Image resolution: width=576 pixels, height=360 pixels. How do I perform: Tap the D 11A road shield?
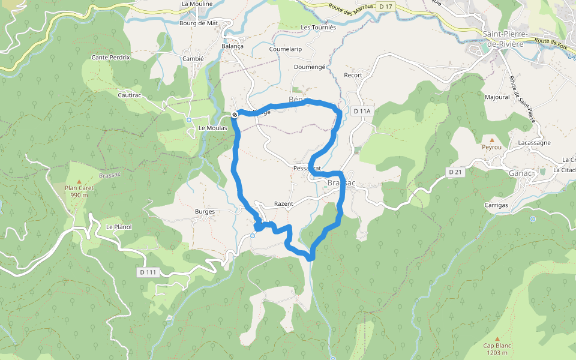pos(362,111)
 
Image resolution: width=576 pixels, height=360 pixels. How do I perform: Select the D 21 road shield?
pos(455,172)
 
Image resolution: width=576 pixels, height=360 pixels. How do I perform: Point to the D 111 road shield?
pos(148,272)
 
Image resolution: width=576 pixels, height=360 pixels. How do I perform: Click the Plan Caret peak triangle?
pos(79,181)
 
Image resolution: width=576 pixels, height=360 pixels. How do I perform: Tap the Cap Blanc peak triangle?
pos(496,338)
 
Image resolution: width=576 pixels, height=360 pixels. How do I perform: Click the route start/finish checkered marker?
pos(235,115)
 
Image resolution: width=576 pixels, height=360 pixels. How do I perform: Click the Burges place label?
pos(205,212)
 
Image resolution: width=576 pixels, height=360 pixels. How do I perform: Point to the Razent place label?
pos(283,204)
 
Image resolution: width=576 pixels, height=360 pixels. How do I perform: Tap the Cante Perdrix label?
pos(110,58)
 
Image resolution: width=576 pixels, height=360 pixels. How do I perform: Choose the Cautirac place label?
pos(130,95)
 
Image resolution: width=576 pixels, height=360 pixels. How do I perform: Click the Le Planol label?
pos(119,227)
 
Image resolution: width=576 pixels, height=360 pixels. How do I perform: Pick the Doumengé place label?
pos(310,67)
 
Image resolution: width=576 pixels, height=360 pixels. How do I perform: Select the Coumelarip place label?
pos(286,49)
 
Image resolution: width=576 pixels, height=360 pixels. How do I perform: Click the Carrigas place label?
pos(496,205)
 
